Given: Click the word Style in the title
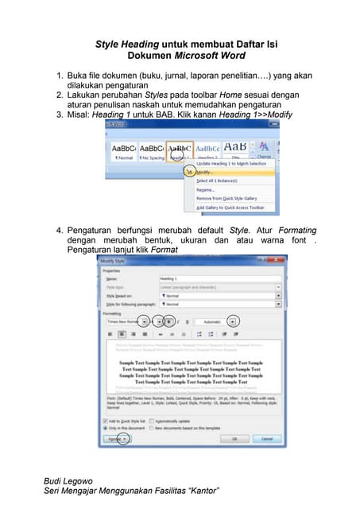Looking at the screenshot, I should [109, 45].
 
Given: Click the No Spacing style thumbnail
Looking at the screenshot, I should [151, 150].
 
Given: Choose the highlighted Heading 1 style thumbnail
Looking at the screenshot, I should [180, 150].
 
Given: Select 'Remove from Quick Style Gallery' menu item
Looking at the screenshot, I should [231, 199].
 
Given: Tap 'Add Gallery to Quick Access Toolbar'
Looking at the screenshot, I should [235, 208].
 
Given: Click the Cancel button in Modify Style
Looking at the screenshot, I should [266, 438].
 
